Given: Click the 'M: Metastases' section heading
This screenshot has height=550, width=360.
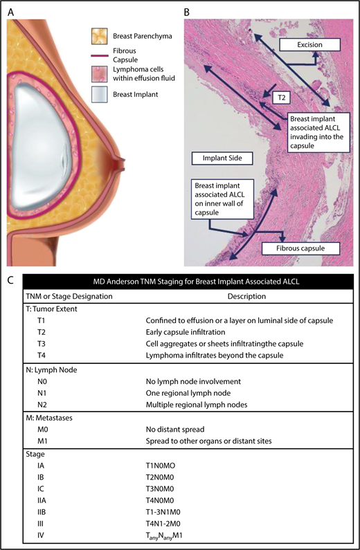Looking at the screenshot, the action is [x=48, y=417].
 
